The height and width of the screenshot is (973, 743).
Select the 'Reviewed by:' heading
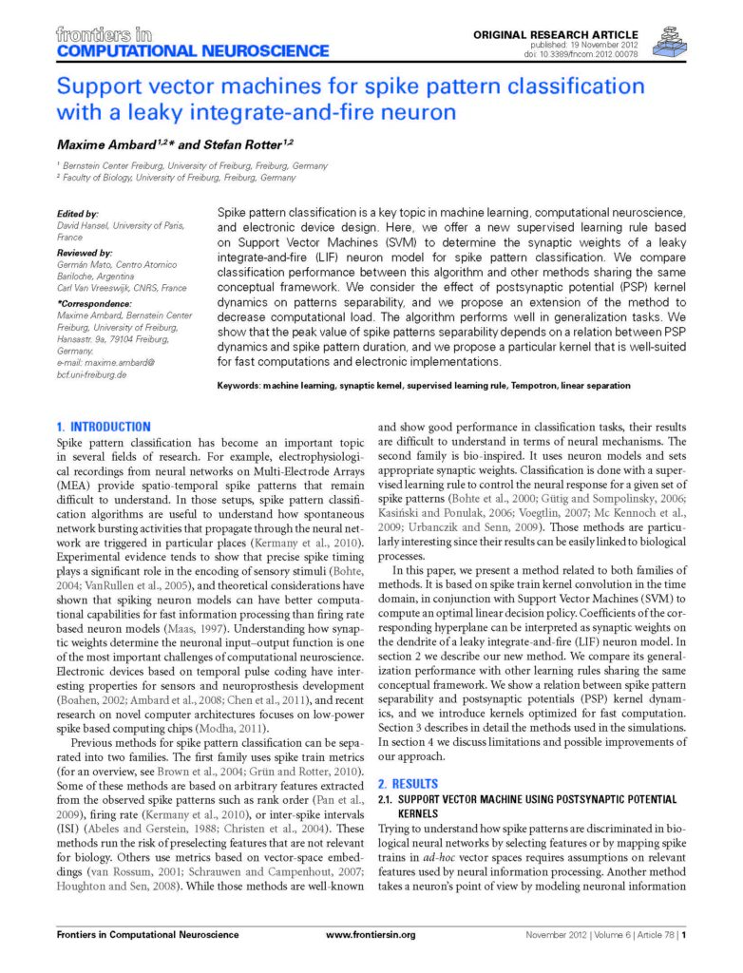click(84, 254)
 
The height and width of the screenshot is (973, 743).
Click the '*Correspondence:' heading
click(97, 304)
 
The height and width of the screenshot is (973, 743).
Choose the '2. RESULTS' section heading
click(409, 784)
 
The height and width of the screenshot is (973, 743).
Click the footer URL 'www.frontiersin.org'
click(371, 935)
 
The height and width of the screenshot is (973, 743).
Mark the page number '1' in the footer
click(683, 935)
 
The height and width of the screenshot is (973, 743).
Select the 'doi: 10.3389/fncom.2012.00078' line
click(607, 53)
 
